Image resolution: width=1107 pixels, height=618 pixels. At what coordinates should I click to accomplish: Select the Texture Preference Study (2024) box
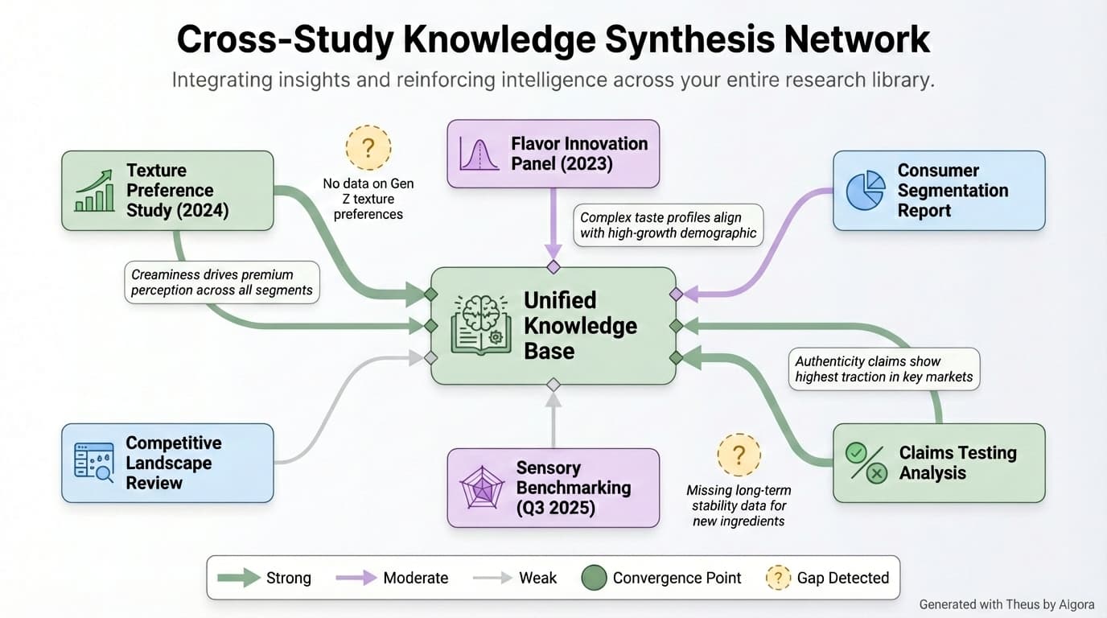click(167, 191)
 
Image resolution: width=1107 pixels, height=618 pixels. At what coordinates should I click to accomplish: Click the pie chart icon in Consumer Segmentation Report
click(866, 191)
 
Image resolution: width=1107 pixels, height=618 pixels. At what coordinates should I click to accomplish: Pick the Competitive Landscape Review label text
click(173, 463)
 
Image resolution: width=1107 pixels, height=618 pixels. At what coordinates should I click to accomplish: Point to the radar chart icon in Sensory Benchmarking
click(481, 487)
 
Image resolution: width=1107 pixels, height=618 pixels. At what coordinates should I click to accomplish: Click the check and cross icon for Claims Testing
click(866, 463)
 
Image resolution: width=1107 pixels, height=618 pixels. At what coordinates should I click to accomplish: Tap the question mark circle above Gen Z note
click(368, 148)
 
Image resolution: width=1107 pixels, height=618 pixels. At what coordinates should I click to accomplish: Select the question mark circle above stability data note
click(739, 456)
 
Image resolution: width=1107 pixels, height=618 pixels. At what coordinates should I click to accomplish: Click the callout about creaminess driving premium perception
click(222, 282)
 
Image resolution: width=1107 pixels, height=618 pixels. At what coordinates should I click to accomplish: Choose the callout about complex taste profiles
click(668, 225)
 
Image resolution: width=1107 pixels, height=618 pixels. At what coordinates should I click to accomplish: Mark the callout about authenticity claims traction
click(883, 369)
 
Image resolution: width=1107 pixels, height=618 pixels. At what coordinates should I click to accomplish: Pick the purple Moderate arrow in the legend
click(356, 578)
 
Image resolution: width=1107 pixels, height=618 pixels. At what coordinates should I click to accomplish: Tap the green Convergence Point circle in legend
click(594, 578)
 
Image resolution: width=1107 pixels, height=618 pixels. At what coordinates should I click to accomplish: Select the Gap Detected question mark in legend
click(777, 578)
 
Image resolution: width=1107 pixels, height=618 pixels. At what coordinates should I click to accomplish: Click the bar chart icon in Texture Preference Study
click(95, 191)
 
